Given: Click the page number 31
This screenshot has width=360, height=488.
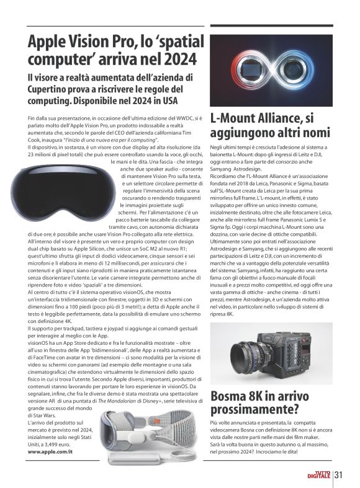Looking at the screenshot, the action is click(339, 475).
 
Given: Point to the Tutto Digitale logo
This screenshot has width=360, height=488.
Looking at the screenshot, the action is click(320, 476).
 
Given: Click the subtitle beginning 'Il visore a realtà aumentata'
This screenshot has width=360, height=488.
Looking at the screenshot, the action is click(112, 87).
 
